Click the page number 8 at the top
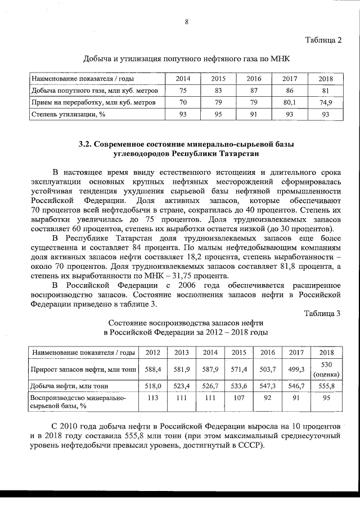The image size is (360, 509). click(x=186, y=22)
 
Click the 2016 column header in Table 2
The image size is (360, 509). click(x=254, y=78)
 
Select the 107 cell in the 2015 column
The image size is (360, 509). click(x=239, y=397)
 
